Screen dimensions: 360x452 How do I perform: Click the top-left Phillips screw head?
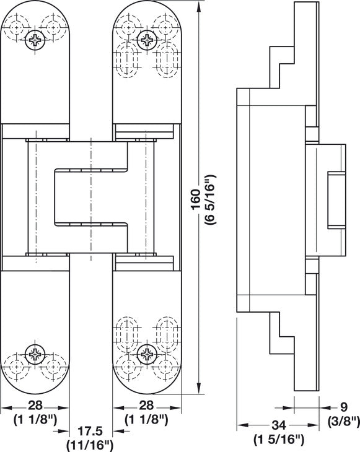click(35, 40)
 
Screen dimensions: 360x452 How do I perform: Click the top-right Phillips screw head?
click(147, 40)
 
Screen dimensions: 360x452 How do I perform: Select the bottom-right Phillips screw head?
click(147, 354)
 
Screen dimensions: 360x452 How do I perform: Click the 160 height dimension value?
click(196, 199)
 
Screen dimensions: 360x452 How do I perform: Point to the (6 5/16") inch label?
click(210, 199)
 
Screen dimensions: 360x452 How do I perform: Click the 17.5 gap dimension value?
click(90, 431)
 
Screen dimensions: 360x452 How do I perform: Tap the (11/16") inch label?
click(89, 445)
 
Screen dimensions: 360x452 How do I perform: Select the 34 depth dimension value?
click(279, 425)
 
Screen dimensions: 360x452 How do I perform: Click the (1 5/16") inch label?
click(279, 440)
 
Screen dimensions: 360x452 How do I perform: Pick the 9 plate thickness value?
click(343, 407)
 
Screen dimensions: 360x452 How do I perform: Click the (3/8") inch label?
click(343, 422)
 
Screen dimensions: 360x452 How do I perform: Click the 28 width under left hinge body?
click(35, 406)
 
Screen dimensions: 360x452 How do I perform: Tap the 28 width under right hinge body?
click(146, 406)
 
